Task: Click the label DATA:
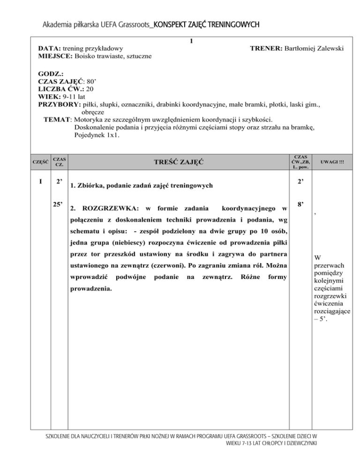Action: click(x=48, y=48)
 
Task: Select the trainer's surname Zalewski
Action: click(x=319, y=48)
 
